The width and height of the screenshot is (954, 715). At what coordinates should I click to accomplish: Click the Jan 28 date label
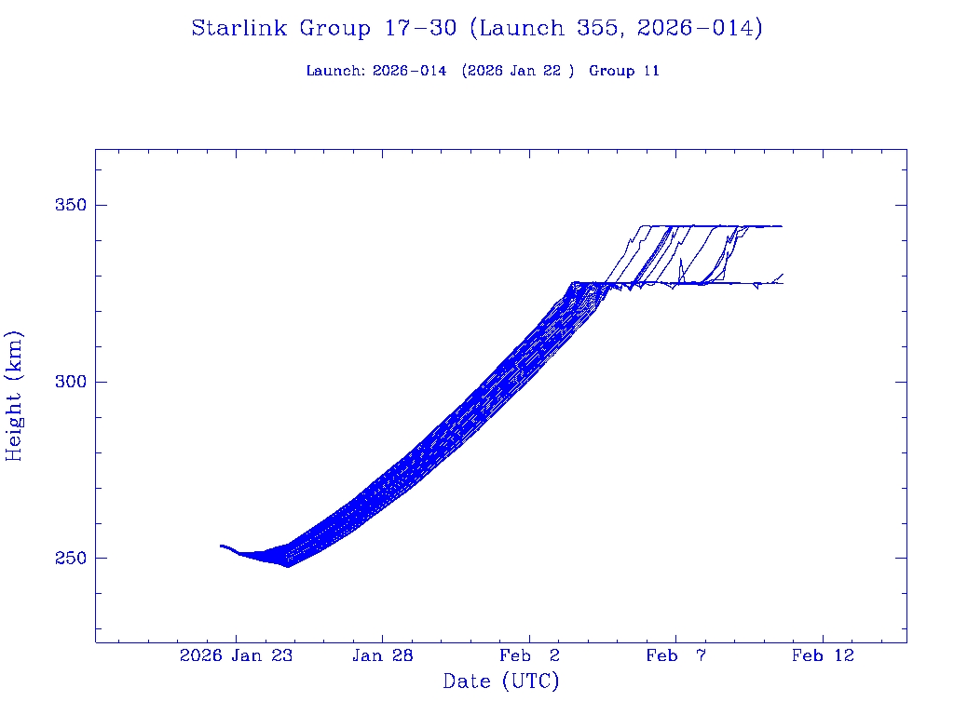pyautogui.click(x=383, y=655)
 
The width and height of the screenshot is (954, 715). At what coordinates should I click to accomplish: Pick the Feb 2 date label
pyautogui.click(x=529, y=655)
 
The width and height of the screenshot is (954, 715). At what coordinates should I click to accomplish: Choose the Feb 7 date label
pyautogui.click(x=675, y=655)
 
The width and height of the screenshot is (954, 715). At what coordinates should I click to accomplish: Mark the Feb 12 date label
pyautogui.click(x=823, y=655)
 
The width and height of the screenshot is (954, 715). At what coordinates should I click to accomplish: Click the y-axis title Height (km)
pyautogui.click(x=15, y=396)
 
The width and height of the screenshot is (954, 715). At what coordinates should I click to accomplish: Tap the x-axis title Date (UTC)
pyautogui.click(x=501, y=681)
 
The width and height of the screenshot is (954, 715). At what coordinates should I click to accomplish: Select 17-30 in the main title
pyautogui.click(x=420, y=29)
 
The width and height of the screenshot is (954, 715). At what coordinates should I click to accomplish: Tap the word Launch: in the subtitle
pyautogui.click(x=336, y=71)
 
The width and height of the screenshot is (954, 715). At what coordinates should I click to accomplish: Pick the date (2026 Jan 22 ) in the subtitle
pyautogui.click(x=517, y=71)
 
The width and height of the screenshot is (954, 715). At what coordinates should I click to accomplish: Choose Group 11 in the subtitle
pyautogui.click(x=624, y=71)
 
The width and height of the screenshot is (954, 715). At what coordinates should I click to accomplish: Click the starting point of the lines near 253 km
pyautogui.click(x=221, y=546)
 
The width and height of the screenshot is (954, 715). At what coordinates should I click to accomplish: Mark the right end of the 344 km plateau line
pyautogui.click(x=782, y=226)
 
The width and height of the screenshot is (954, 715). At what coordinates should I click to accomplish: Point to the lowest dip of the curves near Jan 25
pyautogui.click(x=288, y=566)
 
